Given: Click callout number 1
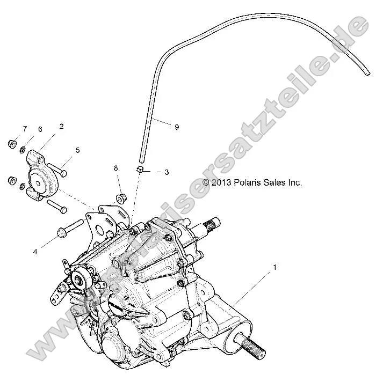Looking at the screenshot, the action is pos(276,267).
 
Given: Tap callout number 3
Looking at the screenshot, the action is pos(167,172).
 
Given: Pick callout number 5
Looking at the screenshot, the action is pos(77,150).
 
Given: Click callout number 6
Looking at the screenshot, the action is pos(40,129).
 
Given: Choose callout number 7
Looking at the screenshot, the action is pos(25,129).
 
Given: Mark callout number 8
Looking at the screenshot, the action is pos(115,168).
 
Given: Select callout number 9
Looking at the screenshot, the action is pos(176,127).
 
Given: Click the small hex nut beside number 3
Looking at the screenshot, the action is pos(139,169).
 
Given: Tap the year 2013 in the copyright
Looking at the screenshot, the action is pos(221,182).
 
